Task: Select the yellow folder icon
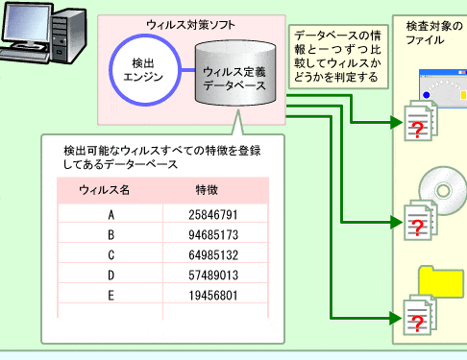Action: pyautogui.click(x=444, y=281)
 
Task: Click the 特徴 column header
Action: pyautogui.click(x=207, y=190)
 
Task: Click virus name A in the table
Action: pyautogui.click(x=111, y=215)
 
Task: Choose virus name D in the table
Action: pyautogui.click(x=111, y=276)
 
